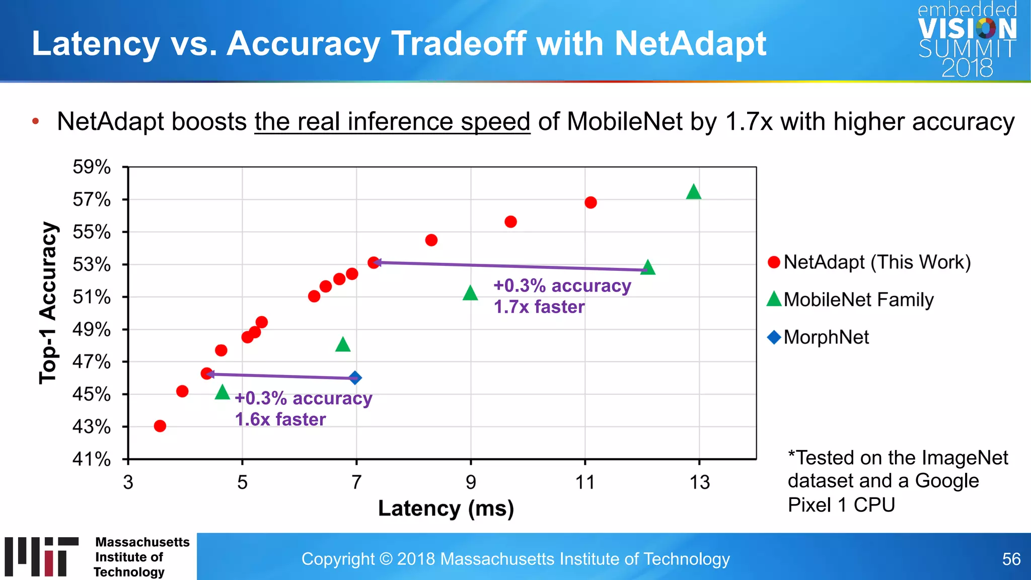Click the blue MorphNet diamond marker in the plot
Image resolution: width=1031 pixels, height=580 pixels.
[355, 378]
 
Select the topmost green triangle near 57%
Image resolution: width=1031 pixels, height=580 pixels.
[693, 192]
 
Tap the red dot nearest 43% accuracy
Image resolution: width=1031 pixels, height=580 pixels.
[160, 426]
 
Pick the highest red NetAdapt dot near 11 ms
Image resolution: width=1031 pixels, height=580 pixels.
[591, 202]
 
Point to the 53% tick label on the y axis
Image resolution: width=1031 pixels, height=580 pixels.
[92, 264]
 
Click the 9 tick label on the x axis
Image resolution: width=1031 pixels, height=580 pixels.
[471, 482]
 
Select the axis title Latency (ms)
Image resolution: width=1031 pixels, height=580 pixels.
[446, 508]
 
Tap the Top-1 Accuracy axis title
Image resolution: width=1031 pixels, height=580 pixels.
[49, 303]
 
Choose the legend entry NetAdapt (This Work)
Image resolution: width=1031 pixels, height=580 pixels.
[876, 262]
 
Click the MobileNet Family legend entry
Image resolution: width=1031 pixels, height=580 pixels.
[858, 300]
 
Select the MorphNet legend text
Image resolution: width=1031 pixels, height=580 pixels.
[826, 337]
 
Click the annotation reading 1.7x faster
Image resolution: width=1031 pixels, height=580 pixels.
[539, 307]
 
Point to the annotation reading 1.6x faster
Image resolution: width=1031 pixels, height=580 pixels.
[280, 419]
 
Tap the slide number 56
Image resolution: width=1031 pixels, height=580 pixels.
[1011, 559]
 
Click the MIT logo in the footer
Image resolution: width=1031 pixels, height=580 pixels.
[42, 556]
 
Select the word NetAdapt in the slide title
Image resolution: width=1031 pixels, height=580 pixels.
[690, 43]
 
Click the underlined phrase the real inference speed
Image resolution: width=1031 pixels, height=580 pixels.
[392, 122]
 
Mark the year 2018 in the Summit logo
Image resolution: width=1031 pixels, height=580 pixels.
[967, 68]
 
